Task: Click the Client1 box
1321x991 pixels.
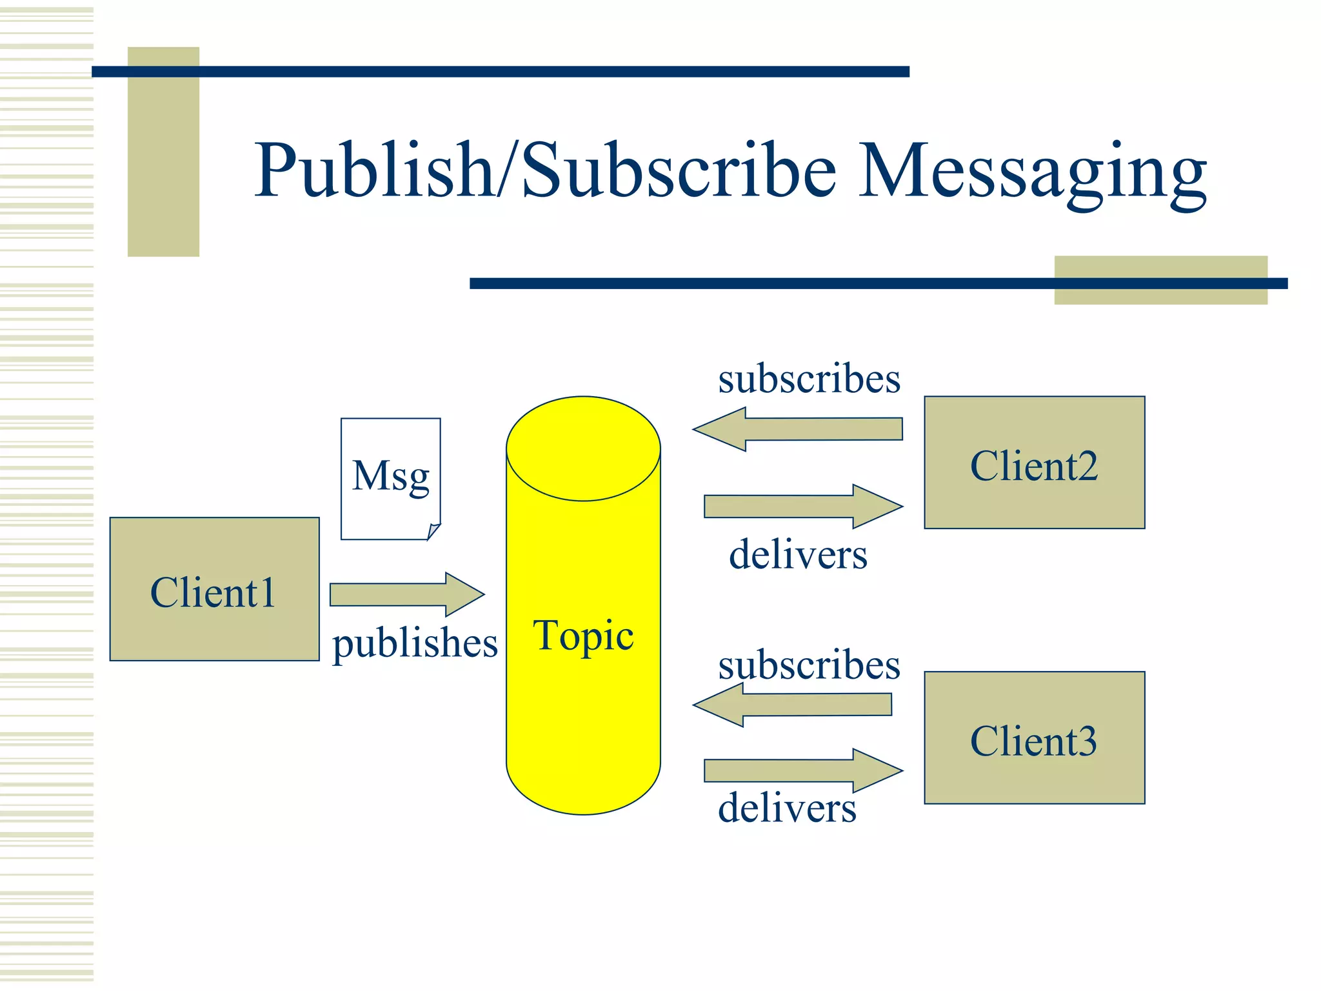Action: tap(214, 589)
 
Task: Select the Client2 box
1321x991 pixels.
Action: tap(1034, 463)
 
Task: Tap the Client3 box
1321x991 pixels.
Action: tap(1034, 737)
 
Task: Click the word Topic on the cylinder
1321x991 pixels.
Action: tap(583, 636)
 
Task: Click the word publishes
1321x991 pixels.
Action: tap(415, 643)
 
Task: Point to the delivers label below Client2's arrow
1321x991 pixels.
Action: tap(798, 554)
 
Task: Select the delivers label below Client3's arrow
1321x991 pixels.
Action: tap(787, 808)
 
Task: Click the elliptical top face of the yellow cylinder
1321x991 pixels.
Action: tap(583, 448)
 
